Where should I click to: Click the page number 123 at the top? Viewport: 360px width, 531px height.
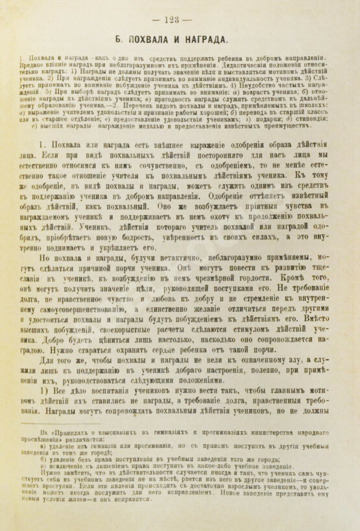click(x=181, y=18)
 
